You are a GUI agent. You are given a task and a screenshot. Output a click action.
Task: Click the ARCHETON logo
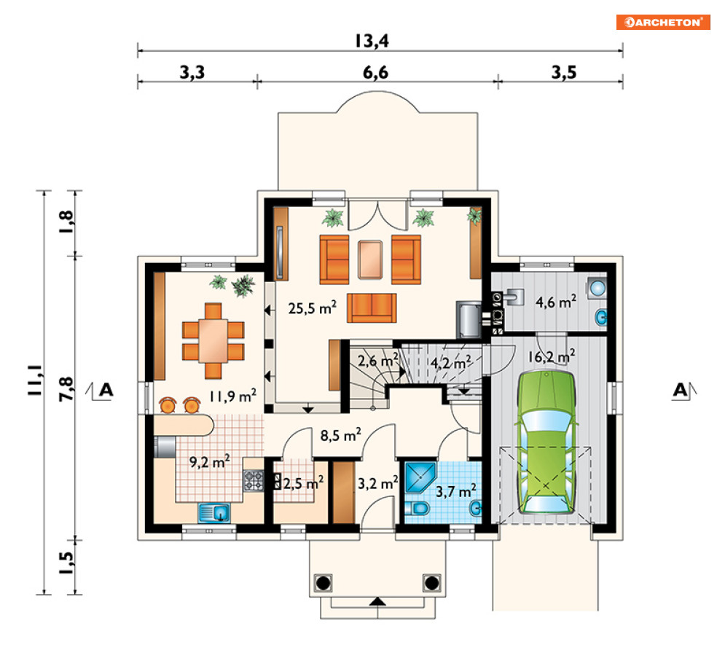coord(662,22)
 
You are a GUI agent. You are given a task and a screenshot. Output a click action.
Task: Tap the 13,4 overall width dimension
coord(372,41)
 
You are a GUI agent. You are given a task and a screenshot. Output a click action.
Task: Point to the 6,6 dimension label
coord(375,73)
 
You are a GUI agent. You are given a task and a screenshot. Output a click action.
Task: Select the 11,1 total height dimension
coord(35,380)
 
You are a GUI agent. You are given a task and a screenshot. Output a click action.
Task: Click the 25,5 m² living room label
coord(312,308)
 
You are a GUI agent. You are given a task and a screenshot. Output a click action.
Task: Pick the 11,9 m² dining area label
coord(232,396)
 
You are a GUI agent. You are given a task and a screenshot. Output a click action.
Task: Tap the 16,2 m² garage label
coord(552,356)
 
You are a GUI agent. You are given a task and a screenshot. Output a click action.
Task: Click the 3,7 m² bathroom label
coord(456,490)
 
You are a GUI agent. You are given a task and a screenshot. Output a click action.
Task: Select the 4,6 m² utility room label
coord(556,302)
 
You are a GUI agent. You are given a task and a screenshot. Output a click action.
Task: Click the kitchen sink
coord(214,513)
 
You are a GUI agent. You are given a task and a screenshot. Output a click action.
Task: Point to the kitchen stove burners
coord(254,480)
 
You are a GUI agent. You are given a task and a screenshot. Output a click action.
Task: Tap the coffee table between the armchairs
coord(370,259)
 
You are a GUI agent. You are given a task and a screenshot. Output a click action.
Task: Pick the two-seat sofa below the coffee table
coord(372,308)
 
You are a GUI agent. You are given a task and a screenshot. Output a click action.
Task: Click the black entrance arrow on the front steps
coord(377,602)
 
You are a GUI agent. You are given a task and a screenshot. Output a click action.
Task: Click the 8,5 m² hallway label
coord(341,435)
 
